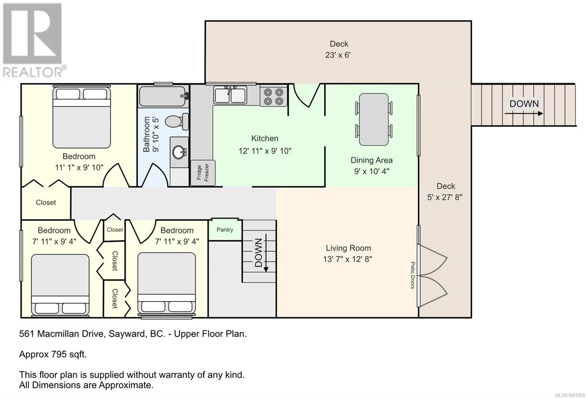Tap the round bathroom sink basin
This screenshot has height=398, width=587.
coord(179,152)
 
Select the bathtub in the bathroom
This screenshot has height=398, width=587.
coord(164,96)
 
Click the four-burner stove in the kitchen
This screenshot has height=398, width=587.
coord(273,97)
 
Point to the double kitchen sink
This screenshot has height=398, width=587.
coord(230,95)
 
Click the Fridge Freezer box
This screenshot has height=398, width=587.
coord(203,173)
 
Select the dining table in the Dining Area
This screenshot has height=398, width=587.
coord(374,119)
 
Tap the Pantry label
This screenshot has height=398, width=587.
coord(225,230)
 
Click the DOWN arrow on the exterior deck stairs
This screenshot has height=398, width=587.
coord(524,113)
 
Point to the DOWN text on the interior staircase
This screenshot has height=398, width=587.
coord(258,253)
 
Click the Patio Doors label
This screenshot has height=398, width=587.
coord(412,275)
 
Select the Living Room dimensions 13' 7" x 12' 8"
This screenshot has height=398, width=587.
coord(347,259)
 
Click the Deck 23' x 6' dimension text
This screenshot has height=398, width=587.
coord(338,55)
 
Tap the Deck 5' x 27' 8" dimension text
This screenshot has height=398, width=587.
coord(445,197)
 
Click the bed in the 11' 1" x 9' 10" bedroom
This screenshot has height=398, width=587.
coord(81,117)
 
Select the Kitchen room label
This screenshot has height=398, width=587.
coord(265,138)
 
